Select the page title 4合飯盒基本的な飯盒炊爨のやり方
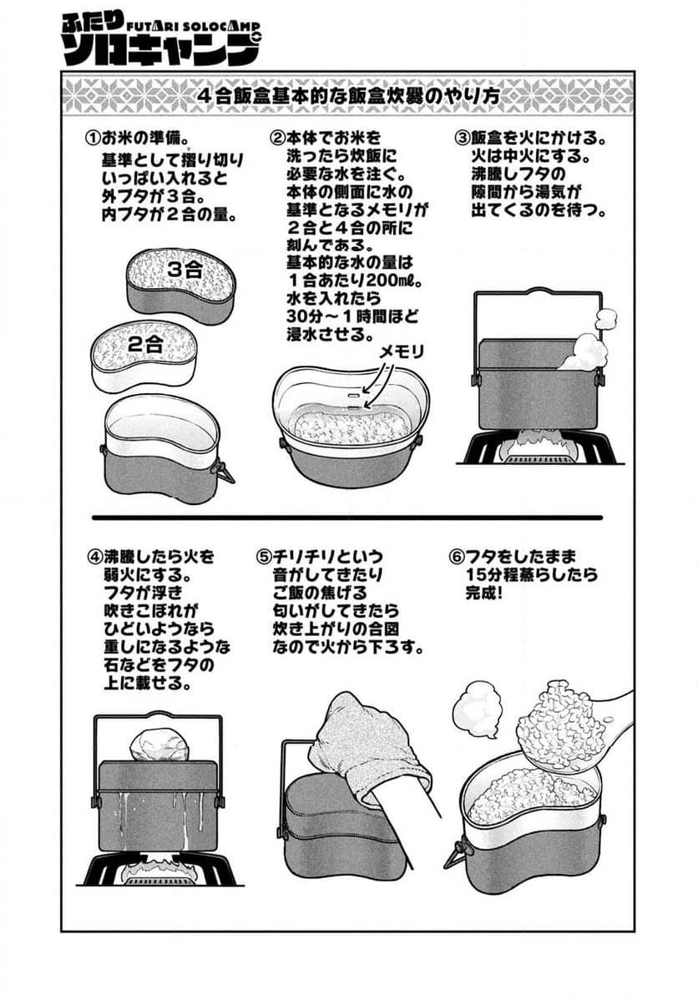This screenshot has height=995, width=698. coord(349,95)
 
